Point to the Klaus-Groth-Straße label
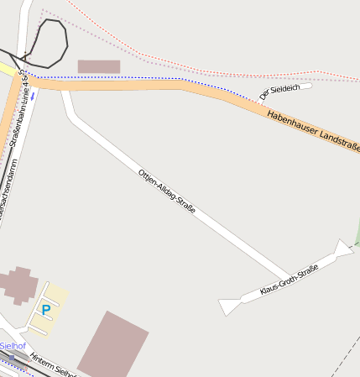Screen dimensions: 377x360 (x=289, y=280)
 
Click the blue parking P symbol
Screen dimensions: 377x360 (x=46, y=310)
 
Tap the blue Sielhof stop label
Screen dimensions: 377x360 (x=12, y=346)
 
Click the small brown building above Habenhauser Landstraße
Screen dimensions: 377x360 (x=99, y=66)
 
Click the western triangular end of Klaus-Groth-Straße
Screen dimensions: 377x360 (x=227, y=306)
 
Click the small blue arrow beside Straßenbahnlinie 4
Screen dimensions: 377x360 (x=33, y=97)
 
